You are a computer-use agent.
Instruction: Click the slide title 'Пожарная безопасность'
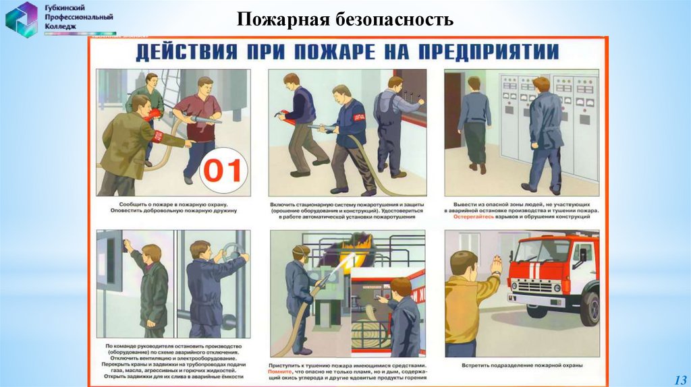345,19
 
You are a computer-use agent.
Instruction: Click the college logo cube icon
22,19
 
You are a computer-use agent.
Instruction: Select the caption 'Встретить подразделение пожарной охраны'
521,365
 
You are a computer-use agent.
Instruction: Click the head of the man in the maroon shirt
204,86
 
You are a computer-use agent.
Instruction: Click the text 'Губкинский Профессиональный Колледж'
80,17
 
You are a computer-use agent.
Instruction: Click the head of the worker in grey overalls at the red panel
395,84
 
